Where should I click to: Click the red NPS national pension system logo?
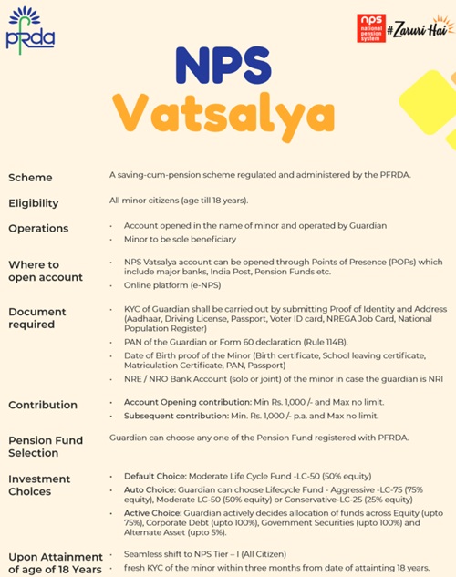[x=370, y=28]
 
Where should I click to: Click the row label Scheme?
[x=30, y=178]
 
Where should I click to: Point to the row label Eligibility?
[x=33, y=203]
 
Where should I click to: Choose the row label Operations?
[x=38, y=228]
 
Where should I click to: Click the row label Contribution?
[x=42, y=405]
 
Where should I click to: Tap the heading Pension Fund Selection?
[x=46, y=446]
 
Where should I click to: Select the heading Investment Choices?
[x=39, y=485]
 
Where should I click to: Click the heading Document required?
[x=37, y=318]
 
